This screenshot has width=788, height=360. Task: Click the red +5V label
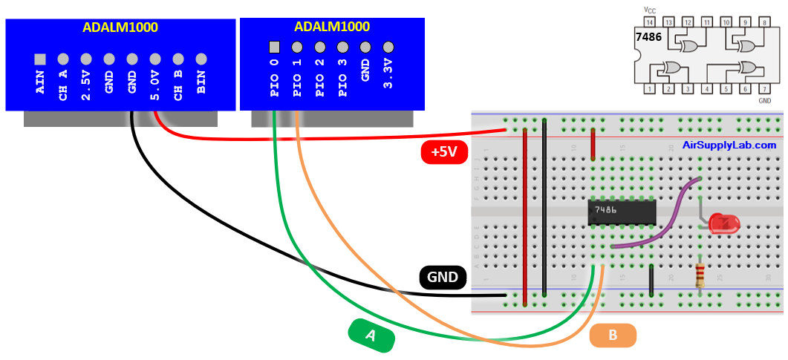point(443,152)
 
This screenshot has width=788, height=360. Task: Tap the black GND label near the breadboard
point(443,278)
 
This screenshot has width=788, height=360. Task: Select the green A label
point(371,336)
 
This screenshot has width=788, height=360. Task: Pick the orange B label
point(613,336)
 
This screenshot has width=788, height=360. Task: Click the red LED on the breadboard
point(720,223)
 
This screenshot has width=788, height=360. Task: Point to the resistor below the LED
point(700,275)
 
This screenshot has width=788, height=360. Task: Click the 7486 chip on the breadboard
point(622,212)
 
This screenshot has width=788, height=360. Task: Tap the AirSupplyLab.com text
point(729,145)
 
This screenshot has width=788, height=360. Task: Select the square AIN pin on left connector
point(40,59)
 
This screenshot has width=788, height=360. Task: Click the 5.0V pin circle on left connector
point(155,59)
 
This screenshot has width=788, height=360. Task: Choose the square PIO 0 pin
point(274,48)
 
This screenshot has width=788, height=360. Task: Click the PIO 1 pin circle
point(297,48)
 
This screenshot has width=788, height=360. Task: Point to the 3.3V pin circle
point(388,48)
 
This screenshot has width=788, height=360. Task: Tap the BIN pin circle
point(201,59)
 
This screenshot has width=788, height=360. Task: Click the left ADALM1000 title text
point(120,27)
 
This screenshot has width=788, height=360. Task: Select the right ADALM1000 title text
point(332,27)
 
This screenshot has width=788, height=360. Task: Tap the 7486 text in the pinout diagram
point(650,36)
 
